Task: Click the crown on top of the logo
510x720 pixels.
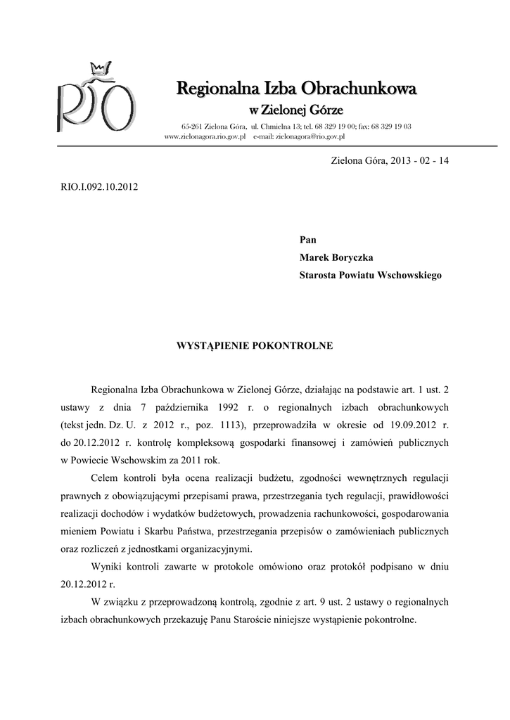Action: point(99,68)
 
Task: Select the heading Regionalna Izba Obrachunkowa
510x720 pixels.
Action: point(296,89)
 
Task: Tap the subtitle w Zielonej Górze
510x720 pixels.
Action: point(296,110)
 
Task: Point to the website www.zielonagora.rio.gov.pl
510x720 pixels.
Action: point(204,136)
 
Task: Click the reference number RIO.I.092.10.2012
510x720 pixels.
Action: point(98,188)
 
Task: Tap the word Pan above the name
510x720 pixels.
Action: point(308,240)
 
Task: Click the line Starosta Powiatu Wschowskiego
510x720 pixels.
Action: point(371,276)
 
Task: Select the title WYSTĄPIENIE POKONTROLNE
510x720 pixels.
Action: point(254,347)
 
